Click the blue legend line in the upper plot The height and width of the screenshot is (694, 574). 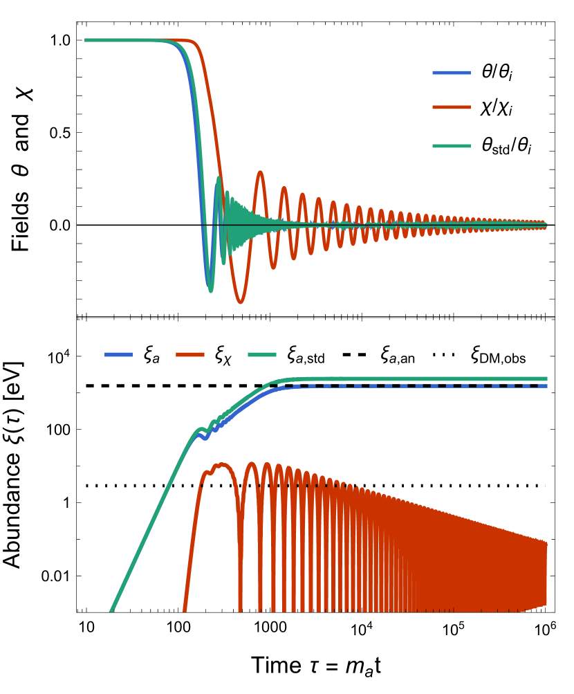[451, 73]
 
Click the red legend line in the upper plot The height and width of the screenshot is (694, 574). [451, 107]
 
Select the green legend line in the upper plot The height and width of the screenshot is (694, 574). [451, 146]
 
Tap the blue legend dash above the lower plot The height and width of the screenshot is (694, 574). [118, 354]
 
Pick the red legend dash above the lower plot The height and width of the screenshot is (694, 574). [190, 354]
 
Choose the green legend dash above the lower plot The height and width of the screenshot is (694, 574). [262, 354]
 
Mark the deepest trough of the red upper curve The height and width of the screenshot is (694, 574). [240, 302]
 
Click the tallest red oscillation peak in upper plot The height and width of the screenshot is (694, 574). [260, 172]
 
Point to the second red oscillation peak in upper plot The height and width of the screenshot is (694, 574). [284, 188]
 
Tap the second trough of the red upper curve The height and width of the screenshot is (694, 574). [273, 267]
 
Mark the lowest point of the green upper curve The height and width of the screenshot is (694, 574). [211, 291]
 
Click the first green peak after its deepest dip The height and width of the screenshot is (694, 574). [218, 178]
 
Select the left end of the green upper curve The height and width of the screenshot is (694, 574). [86, 40]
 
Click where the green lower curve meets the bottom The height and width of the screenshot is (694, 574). [111, 611]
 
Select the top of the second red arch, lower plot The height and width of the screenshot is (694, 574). [251, 464]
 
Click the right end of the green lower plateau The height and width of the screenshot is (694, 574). [546, 378]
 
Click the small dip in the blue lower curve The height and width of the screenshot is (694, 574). [205, 439]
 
